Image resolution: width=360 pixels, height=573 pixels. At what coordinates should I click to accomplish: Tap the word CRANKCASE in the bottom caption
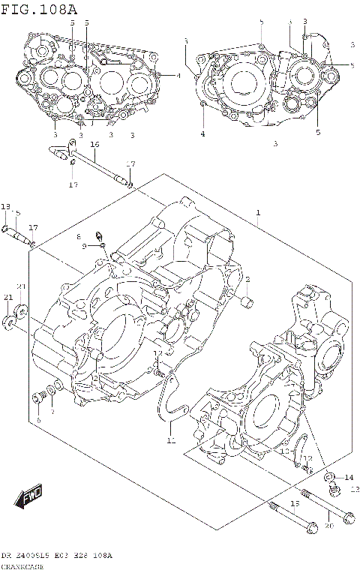22,566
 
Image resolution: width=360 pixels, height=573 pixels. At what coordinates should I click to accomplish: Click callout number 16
94,144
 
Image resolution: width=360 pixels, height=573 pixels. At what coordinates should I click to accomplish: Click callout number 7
52,412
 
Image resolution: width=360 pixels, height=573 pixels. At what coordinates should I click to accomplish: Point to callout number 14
348,478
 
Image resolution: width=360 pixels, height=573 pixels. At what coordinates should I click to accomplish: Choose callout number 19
295,504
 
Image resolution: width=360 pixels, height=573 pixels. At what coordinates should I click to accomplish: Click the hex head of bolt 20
347,517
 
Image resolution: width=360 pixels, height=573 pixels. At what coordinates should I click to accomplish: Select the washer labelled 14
331,477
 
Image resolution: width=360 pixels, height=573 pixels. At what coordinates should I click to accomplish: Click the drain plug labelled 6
37,397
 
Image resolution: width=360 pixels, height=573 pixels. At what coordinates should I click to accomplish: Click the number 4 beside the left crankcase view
178,76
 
